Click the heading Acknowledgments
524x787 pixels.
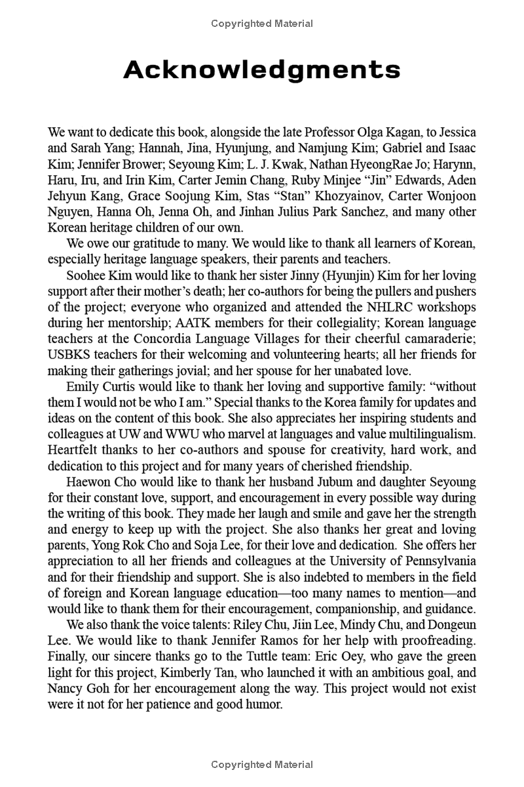coord(262,69)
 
